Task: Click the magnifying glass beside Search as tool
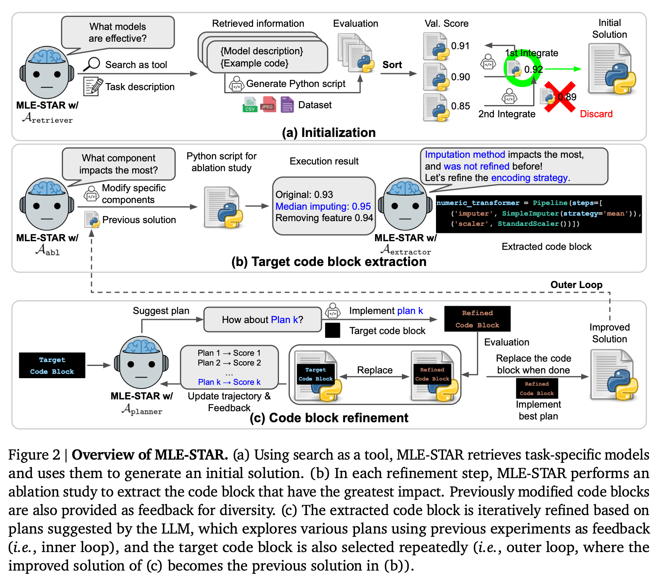click(91, 64)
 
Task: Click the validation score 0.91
click(460, 46)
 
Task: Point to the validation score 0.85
click(460, 106)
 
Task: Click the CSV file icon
click(250, 105)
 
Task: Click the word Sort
click(392, 65)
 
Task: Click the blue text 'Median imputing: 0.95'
click(323, 207)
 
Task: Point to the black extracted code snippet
click(539, 214)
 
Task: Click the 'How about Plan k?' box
click(262, 320)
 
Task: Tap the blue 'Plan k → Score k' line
click(229, 382)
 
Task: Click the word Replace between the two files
click(375, 370)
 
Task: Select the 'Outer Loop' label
click(576, 285)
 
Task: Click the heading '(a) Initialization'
click(329, 133)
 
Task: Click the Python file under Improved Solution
click(613, 375)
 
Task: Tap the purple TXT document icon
click(287, 105)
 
